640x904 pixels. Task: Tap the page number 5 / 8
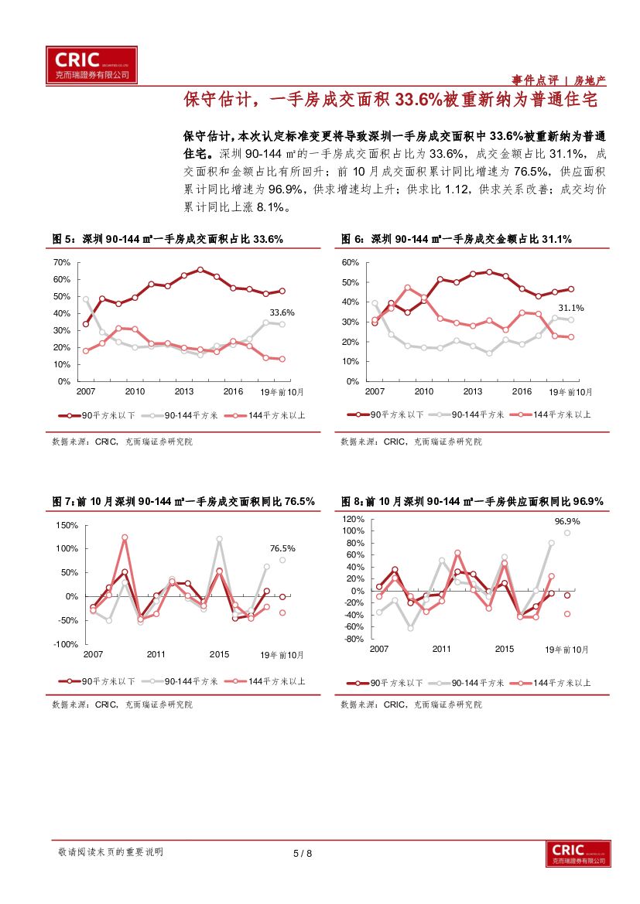pos(303,854)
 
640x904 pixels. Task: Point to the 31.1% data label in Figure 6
pos(571,308)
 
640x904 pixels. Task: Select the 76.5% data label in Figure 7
pos(282,548)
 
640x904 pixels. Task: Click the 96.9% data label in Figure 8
pos(567,521)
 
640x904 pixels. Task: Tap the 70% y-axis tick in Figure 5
pos(61,263)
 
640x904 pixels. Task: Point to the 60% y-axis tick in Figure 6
pos(351,263)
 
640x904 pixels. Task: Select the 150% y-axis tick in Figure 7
pos(67,526)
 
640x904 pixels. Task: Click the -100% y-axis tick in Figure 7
pos(66,645)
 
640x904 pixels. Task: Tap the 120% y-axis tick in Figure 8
pos(353,519)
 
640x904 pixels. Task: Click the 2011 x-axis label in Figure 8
pos(442,649)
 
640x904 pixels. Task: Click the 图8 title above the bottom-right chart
pos(472,502)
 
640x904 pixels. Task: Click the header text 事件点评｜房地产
pos(559,80)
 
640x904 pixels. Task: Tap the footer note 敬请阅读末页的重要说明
pos(111,852)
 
